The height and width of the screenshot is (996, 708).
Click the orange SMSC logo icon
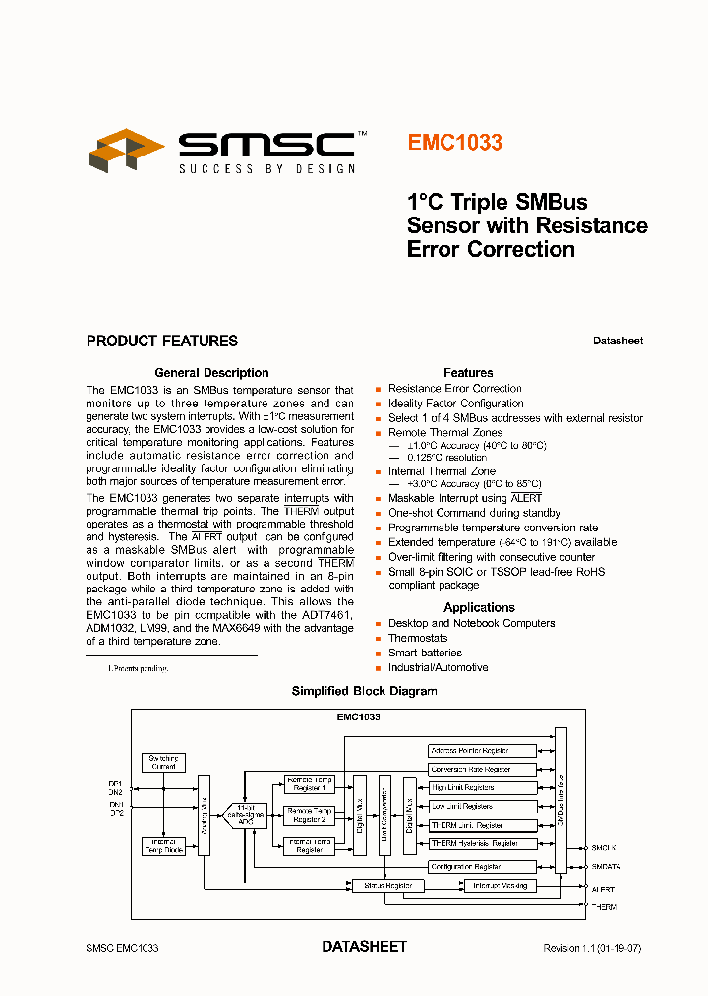(127, 151)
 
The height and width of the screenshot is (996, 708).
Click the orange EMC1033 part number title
(454, 143)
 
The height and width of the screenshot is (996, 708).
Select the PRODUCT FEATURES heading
(162, 342)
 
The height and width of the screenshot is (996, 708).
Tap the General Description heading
(211, 373)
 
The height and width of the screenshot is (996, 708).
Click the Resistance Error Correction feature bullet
(454, 389)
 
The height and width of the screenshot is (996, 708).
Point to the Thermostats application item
(417, 638)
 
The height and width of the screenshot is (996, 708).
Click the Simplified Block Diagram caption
(364, 691)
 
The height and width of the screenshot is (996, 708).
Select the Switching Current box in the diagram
(164, 763)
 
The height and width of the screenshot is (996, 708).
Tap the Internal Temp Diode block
(164, 846)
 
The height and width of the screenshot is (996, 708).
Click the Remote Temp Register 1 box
(309, 784)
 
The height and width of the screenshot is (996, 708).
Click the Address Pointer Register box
(483, 751)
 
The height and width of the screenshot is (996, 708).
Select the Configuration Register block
(483, 867)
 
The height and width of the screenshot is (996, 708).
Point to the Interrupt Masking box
(500, 886)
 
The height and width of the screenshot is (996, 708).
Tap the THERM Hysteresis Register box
(483, 843)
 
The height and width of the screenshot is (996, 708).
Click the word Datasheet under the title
(618, 342)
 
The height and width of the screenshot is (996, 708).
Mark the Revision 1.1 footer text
(592, 948)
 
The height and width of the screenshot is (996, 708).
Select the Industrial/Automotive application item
(438, 667)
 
